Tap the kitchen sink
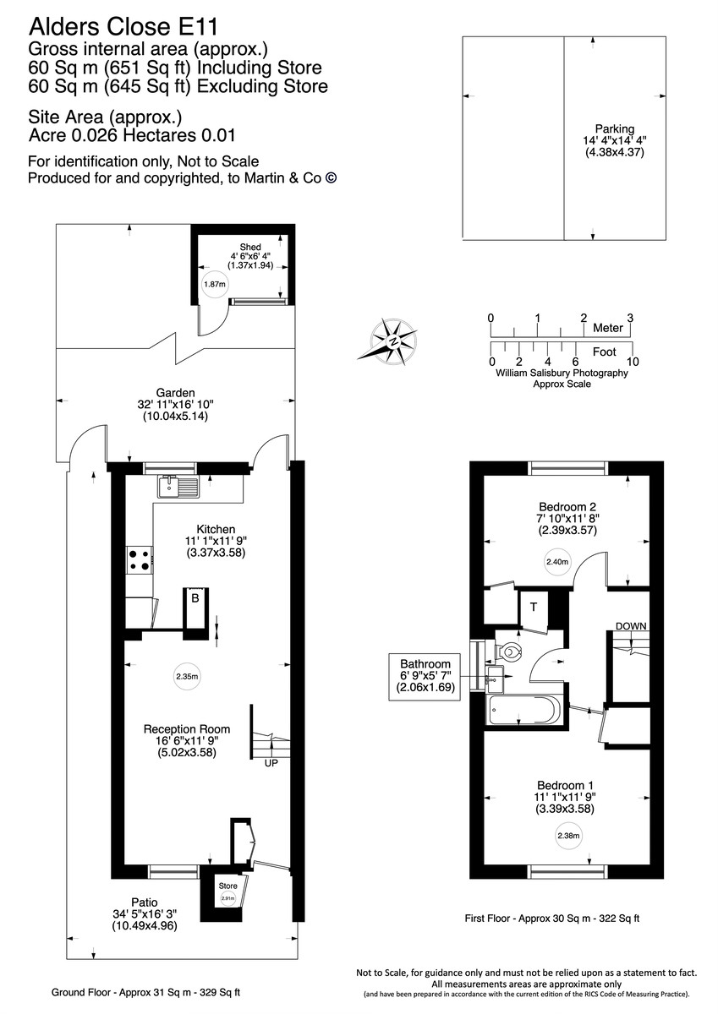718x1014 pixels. [x=178, y=486]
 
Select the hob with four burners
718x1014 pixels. [x=140, y=559]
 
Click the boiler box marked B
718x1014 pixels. [x=195, y=599]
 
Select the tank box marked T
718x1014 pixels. [x=534, y=607]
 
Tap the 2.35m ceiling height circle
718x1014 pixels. [x=187, y=676]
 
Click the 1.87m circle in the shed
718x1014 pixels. [x=215, y=285]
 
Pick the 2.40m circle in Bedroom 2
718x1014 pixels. [x=556, y=561]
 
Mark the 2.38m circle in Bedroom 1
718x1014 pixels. [x=568, y=837]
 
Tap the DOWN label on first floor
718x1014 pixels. [x=631, y=626]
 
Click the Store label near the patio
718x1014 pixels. [x=227, y=886]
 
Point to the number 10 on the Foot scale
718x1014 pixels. [x=632, y=361]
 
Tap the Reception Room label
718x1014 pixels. [x=186, y=728]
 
